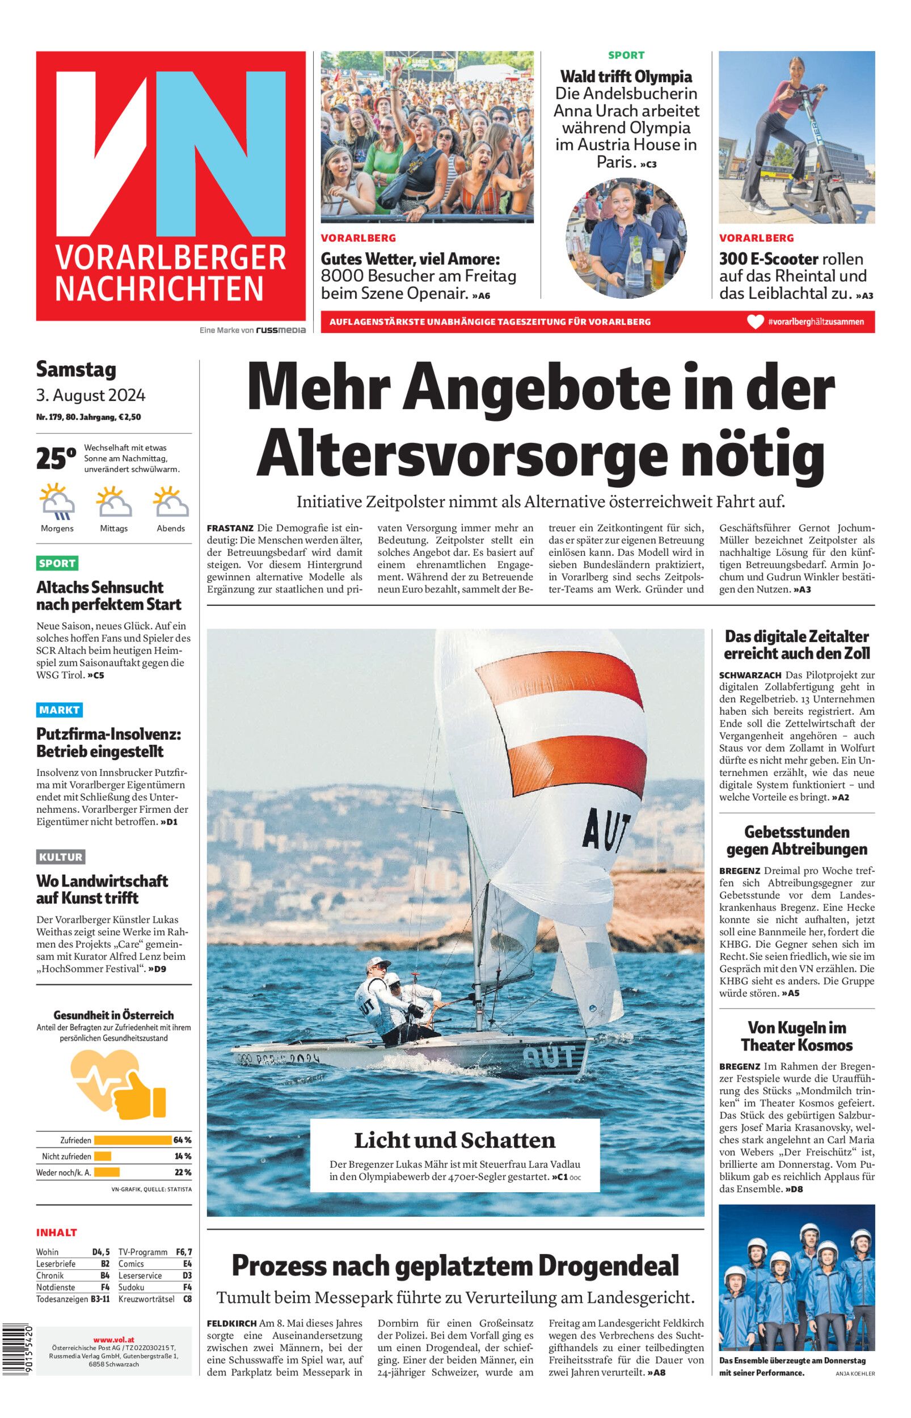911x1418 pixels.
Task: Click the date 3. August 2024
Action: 91,395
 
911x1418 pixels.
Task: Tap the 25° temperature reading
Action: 56,459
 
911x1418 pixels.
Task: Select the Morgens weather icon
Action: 57,501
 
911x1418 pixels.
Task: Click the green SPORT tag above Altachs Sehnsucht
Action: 57,563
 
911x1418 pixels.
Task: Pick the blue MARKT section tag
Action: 59,710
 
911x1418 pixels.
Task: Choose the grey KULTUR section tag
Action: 61,856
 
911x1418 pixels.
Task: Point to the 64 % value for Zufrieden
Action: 182,1140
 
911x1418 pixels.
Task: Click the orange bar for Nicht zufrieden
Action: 102,1155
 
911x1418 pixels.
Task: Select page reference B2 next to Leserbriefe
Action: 104,1264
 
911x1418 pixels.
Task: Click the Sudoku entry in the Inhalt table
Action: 132,1287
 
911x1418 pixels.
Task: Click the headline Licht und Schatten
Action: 454,1140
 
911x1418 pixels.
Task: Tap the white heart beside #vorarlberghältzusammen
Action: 755,322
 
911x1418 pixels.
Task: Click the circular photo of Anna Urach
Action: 626,238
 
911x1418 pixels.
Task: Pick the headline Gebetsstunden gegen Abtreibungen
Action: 796,840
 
